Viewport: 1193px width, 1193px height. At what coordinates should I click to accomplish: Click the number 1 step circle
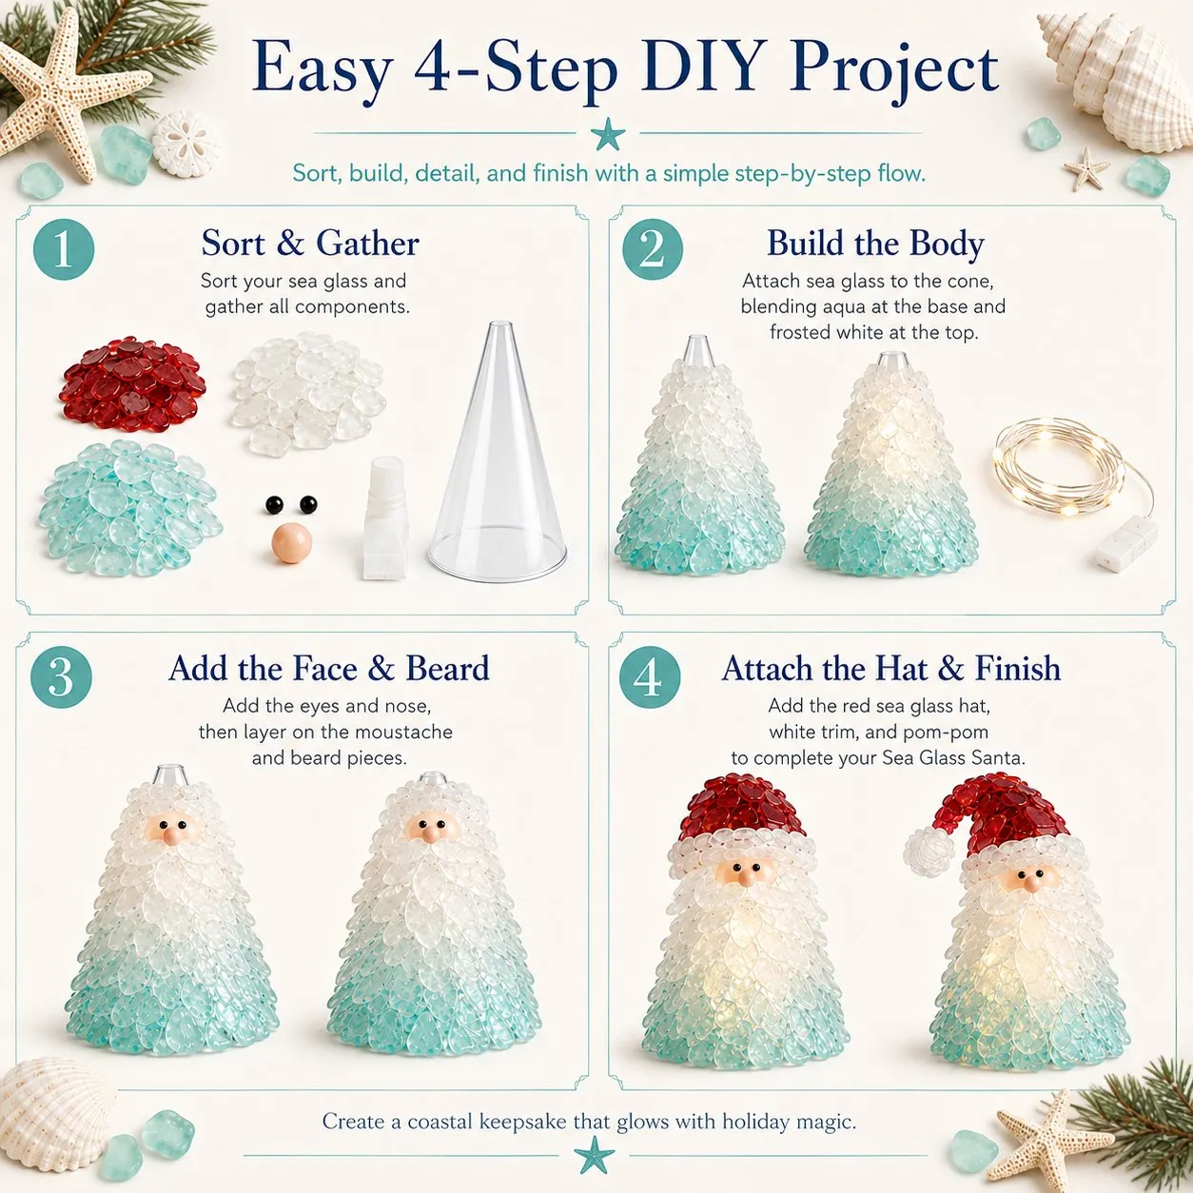tap(64, 249)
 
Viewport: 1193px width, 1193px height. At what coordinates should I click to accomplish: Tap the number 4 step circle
tap(650, 677)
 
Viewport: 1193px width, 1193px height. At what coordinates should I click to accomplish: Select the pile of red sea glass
tap(133, 384)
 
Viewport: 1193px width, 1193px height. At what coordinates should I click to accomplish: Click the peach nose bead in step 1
tap(292, 543)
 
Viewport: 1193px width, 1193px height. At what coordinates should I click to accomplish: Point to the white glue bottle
tap(385, 518)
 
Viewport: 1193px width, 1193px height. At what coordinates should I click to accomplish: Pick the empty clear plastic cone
tap(498, 451)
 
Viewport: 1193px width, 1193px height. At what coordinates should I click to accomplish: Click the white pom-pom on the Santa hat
tap(929, 851)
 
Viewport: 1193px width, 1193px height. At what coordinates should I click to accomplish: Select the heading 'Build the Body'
tap(875, 244)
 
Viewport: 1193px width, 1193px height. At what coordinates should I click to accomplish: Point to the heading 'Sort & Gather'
tap(310, 243)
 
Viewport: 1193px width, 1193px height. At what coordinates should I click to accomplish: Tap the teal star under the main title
tap(607, 134)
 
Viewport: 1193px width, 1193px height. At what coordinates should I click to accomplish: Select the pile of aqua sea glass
tap(128, 509)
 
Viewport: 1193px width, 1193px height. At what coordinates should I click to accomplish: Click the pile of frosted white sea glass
tap(307, 390)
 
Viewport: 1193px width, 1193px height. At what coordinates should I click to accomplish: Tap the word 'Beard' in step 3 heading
tap(447, 669)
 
